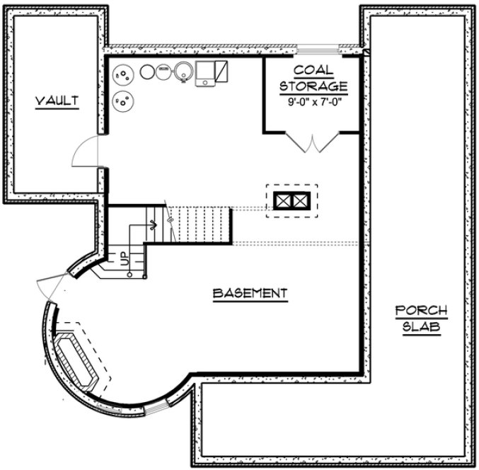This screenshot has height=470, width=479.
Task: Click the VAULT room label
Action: click(57, 101)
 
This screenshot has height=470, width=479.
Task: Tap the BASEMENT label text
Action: click(250, 293)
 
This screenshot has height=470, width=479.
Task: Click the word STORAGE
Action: click(313, 86)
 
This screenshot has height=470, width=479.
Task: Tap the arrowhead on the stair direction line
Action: click(154, 226)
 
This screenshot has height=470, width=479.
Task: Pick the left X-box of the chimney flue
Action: click(284, 201)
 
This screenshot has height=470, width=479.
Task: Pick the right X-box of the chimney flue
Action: click(300, 201)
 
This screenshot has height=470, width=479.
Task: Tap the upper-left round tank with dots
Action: click(122, 74)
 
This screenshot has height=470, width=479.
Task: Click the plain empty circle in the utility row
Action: click(149, 72)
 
